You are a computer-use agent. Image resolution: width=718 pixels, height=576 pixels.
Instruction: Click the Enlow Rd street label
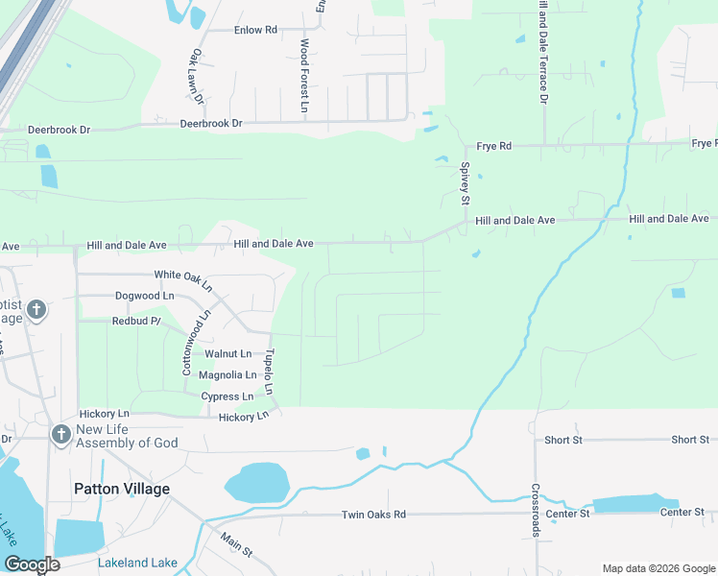255,30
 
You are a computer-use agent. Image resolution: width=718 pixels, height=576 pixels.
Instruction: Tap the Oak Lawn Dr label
197,76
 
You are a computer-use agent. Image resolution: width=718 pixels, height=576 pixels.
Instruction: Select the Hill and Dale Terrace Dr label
543,53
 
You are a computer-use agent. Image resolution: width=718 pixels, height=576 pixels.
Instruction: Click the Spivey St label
465,182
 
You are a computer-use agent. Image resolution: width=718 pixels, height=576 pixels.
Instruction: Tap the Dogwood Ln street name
144,296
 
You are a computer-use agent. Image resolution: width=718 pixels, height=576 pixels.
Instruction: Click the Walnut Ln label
227,354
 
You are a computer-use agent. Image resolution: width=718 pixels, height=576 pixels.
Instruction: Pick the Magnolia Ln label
227,374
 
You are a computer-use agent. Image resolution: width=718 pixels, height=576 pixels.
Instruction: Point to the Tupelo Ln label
270,372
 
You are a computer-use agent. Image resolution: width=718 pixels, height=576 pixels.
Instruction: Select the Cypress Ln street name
227,396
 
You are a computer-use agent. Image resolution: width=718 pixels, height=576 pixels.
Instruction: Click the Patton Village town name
122,489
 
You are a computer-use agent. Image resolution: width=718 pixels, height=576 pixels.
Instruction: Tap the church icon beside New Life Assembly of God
60,435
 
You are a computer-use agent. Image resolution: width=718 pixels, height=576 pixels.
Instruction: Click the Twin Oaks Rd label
373,515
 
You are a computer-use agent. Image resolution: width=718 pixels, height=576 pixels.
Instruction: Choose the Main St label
236,545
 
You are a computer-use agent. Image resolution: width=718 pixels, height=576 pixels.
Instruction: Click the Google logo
32,564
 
